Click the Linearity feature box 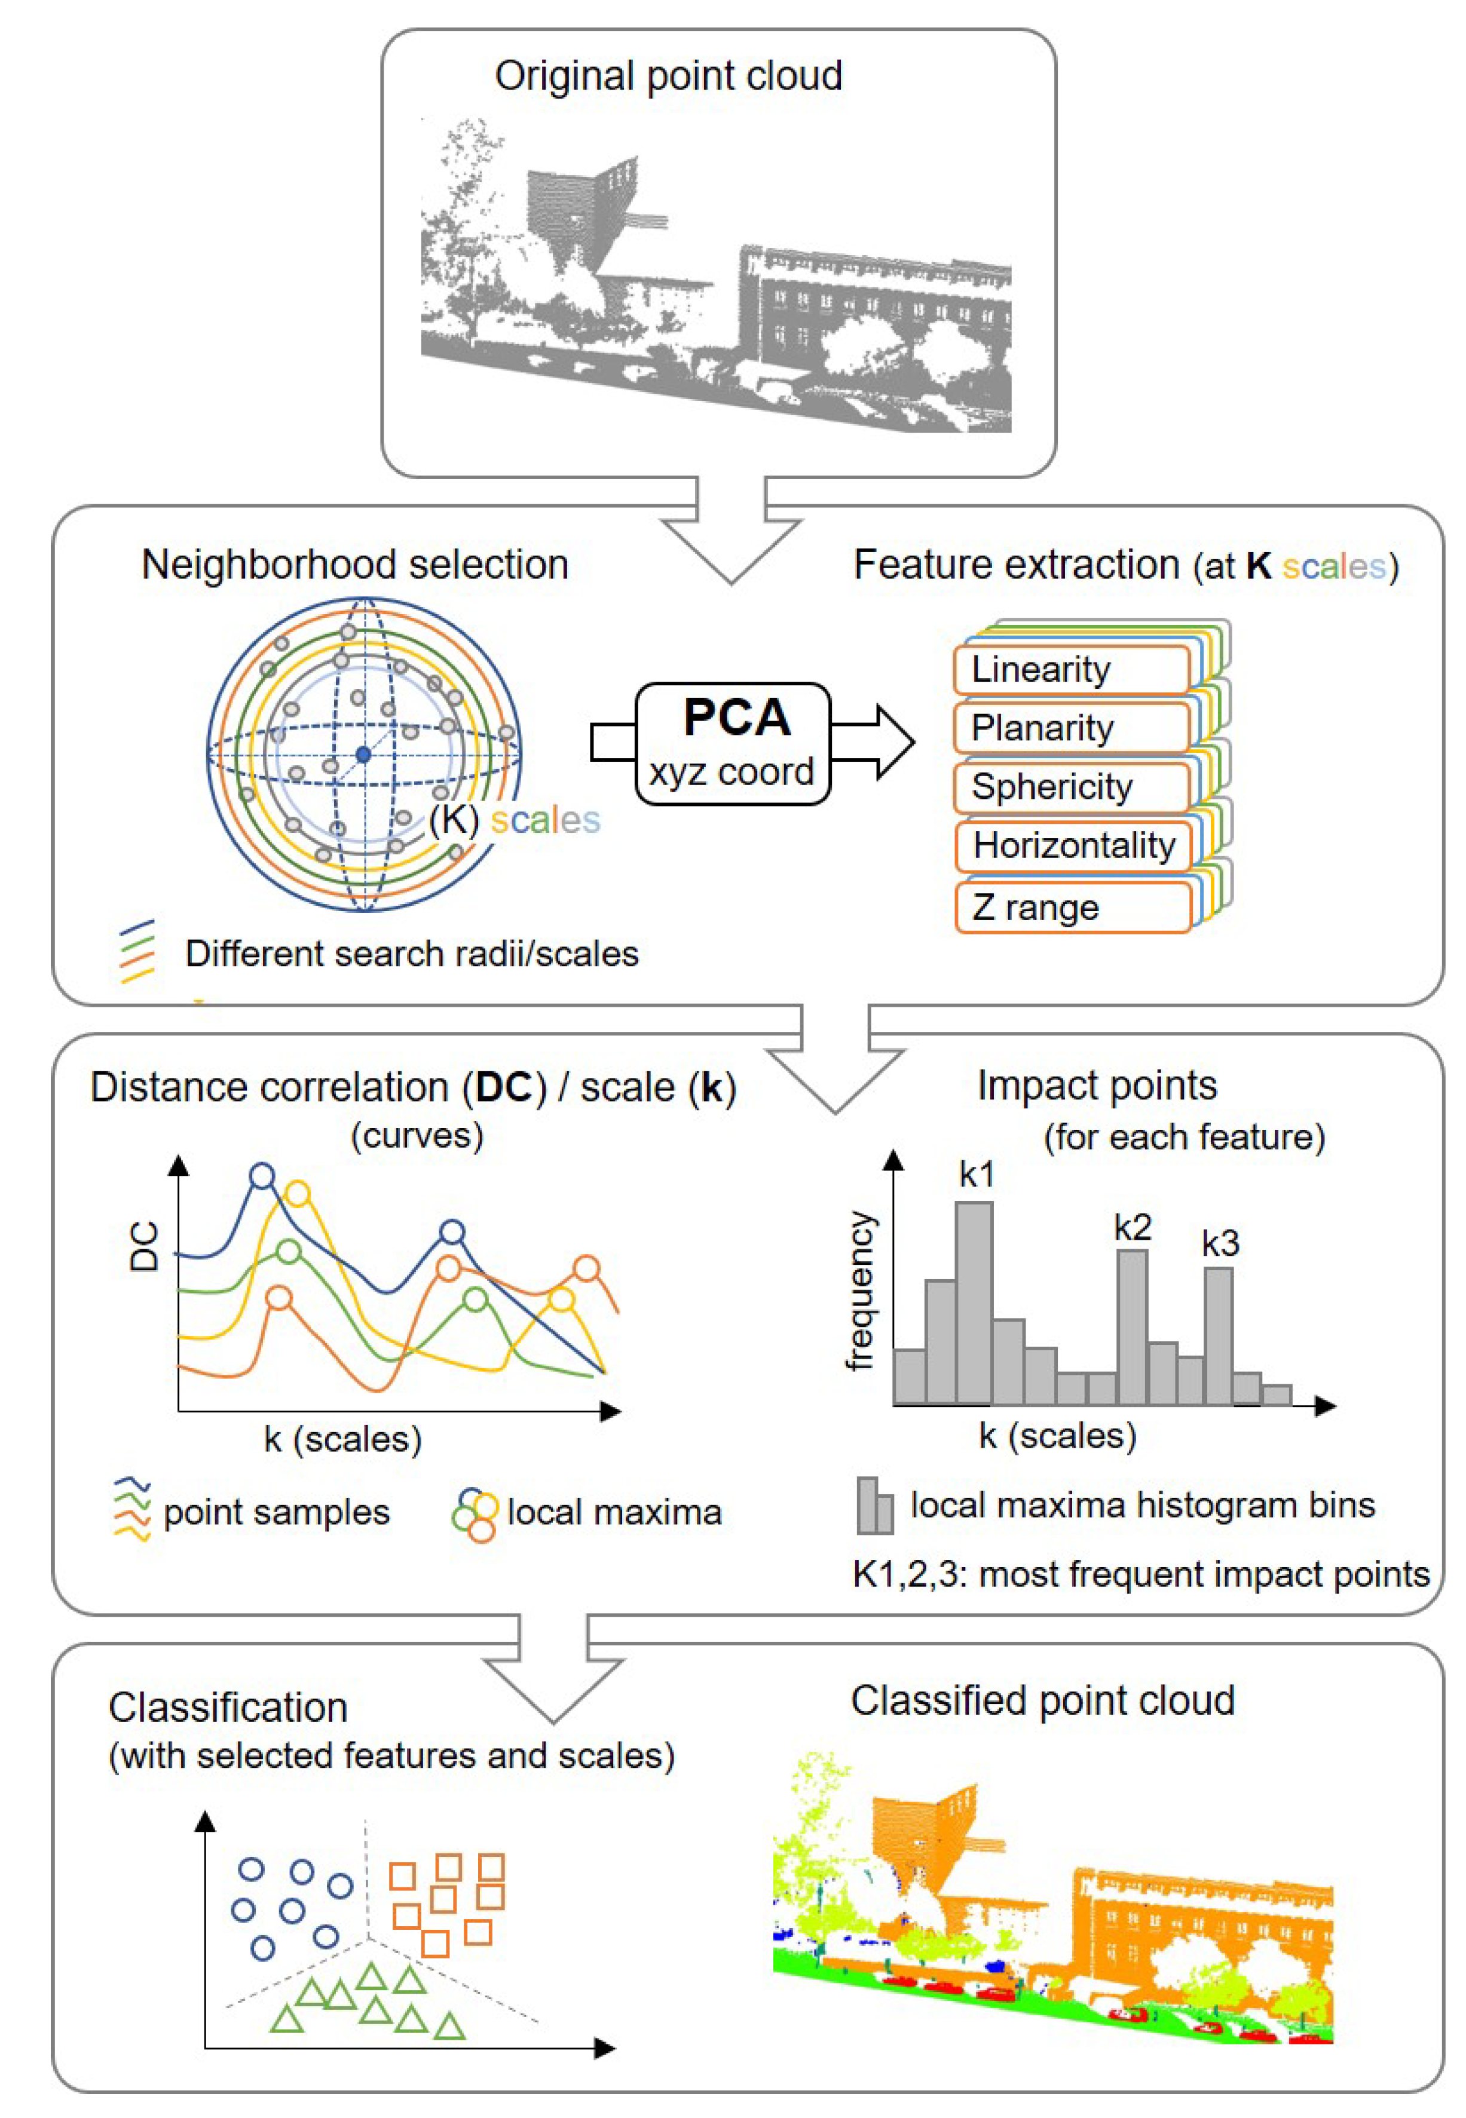click(1071, 669)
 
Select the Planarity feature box click(1071, 728)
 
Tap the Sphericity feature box click(1071, 787)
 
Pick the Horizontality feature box click(1073, 845)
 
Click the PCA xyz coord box click(733, 744)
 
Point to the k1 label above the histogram click(975, 1174)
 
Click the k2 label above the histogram click(1132, 1227)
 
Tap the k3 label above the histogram click(1220, 1244)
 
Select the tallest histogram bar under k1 click(974, 1304)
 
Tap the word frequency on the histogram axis click(860, 1290)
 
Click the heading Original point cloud click(668, 75)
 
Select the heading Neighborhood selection click(354, 565)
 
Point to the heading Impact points click(1097, 1085)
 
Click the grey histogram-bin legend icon click(874, 1506)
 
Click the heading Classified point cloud click(1042, 1700)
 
